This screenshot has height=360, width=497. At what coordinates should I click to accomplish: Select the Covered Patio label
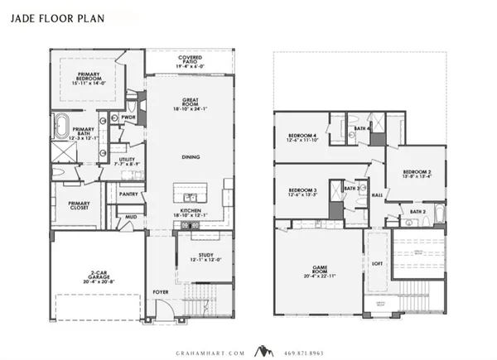pos(190,61)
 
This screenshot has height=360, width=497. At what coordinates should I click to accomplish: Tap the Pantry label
pos(128,194)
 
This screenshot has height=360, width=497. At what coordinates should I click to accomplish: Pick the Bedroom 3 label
pos(303,193)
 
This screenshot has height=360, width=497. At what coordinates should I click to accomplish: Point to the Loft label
pos(377,264)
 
